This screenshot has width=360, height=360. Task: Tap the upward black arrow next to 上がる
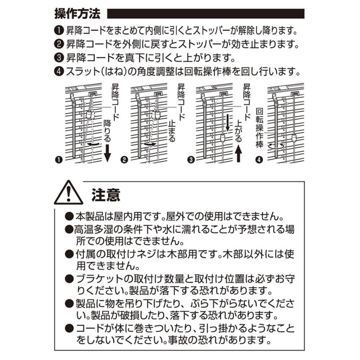[x=239, y=154]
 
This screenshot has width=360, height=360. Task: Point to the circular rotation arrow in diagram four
[x=276, y=146]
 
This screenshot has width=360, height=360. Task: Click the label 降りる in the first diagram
[x=107, y=129]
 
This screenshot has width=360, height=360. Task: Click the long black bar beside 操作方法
[x=207, y=14]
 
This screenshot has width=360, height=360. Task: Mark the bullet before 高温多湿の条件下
[x=69, y=230]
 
